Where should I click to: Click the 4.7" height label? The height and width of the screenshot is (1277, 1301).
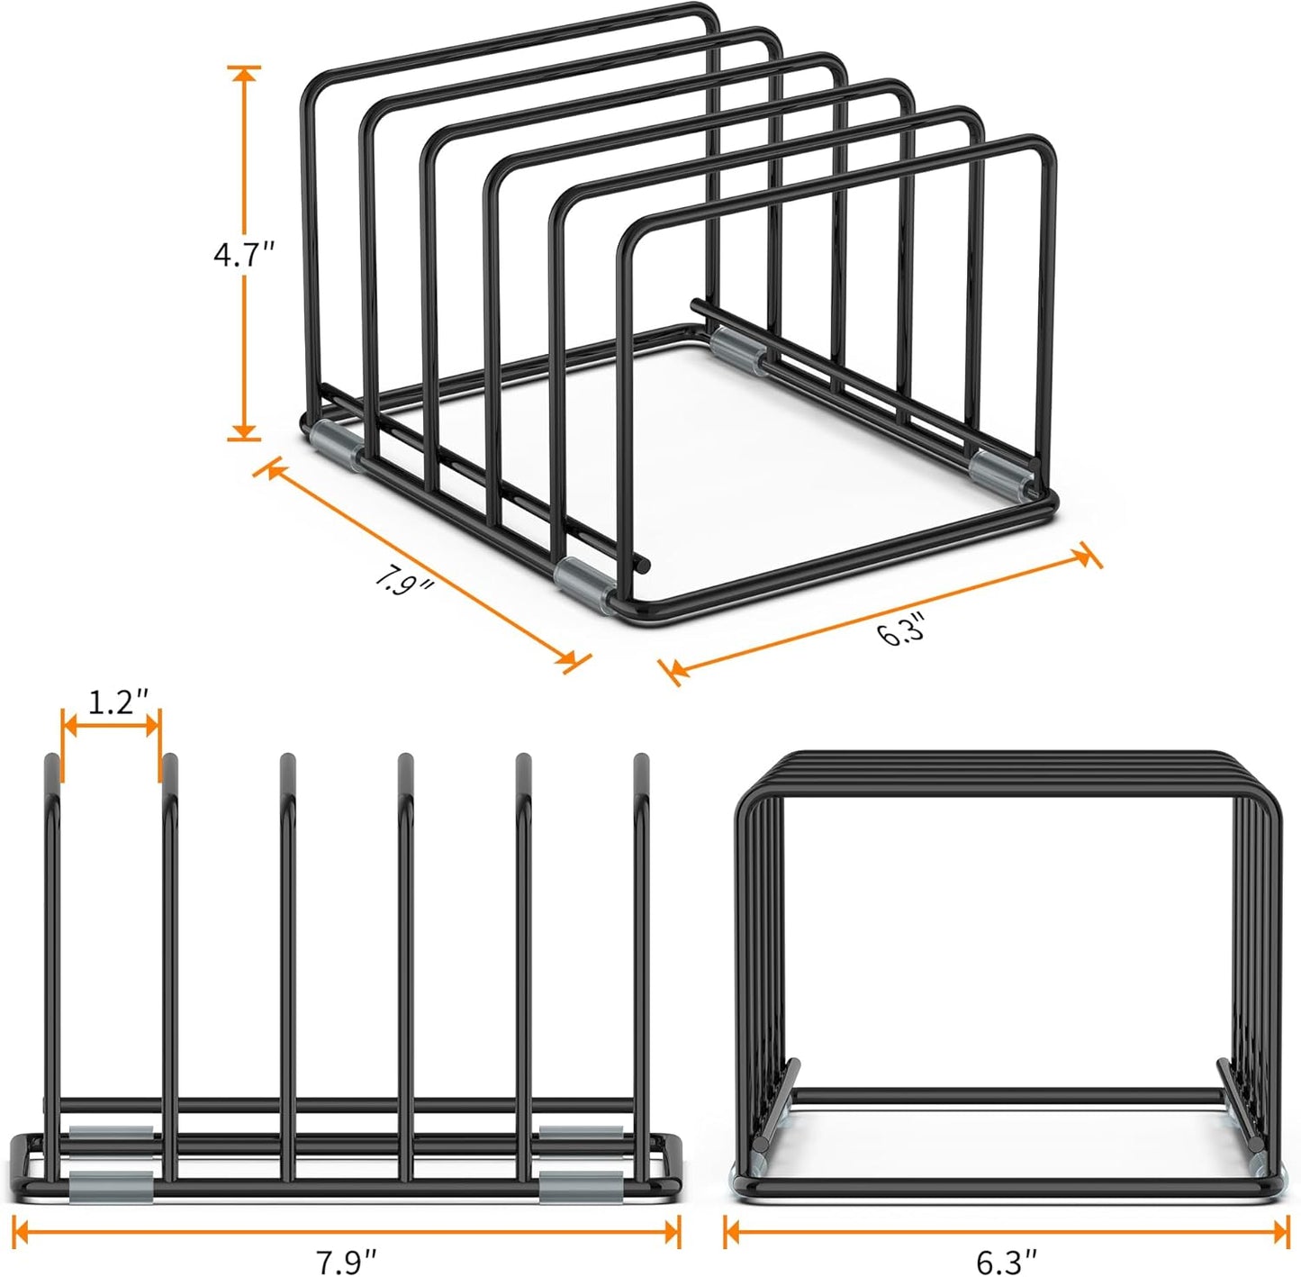click(242, 256)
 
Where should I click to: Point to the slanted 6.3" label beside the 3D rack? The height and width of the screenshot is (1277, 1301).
click(901, 629)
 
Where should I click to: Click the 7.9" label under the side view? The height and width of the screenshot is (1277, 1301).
click(346, 1262)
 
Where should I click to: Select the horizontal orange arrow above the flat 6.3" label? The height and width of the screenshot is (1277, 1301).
click(1007, 1231)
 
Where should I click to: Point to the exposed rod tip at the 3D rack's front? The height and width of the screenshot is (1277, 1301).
click(641, 565)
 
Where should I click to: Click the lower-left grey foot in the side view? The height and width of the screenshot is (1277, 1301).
click(111, 1186)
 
